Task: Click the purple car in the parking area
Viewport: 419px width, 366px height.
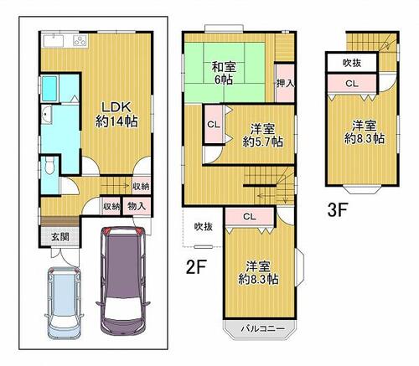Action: [123, 280]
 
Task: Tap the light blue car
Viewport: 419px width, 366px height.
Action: [64, 303]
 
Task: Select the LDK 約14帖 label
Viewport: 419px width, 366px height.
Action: [116, 115]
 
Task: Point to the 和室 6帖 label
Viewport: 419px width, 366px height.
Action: [224, 74]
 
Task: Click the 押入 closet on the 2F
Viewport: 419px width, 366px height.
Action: [285, 83]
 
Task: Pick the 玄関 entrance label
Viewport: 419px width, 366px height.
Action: [60, 237]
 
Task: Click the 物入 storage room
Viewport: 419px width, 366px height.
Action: [137, 206]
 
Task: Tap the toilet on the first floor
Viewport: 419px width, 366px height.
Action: [49, 166]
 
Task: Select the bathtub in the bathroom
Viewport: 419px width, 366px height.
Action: [49, 88]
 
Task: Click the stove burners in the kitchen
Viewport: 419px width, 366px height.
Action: [80, 40]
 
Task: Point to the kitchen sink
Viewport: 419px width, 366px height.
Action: [54, 41]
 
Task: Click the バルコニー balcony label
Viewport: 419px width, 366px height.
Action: [262, 328]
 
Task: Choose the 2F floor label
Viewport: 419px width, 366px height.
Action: [196, 267]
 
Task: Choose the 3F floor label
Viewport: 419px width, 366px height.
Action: [338, 209]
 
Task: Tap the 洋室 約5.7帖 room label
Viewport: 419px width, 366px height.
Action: [262, 136]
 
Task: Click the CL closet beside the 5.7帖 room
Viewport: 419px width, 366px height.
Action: [214, 125]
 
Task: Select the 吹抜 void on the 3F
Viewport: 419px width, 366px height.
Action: [352, 63]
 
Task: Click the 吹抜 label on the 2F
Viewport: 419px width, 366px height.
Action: [204, 226]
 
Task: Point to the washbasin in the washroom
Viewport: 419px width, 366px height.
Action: [47, 115]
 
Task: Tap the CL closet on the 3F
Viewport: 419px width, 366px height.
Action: [352, 83]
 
